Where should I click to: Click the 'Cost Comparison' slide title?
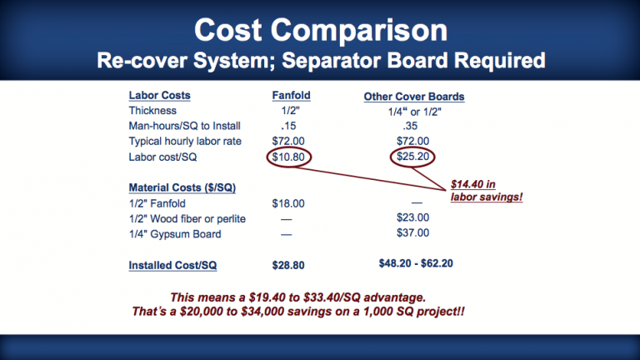321,30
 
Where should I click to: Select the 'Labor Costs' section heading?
160,96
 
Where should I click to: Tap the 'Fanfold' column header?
291,96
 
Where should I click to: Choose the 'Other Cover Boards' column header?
414,97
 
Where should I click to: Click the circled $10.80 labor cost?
288,157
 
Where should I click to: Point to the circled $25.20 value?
412,157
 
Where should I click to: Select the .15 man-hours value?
288,126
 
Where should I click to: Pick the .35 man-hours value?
410,126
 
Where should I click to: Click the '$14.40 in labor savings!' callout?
487,191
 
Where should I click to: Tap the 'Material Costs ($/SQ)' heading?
182,187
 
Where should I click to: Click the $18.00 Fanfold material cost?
288,203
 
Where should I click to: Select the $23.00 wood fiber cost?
412,217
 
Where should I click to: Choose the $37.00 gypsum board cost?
412,233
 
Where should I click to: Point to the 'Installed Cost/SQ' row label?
172,265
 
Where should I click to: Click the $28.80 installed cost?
288,265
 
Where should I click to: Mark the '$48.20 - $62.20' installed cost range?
416,263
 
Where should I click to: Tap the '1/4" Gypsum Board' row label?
175,234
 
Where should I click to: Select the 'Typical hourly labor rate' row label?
185,141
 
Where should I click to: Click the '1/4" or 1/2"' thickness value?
414,112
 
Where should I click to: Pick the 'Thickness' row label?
152,111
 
